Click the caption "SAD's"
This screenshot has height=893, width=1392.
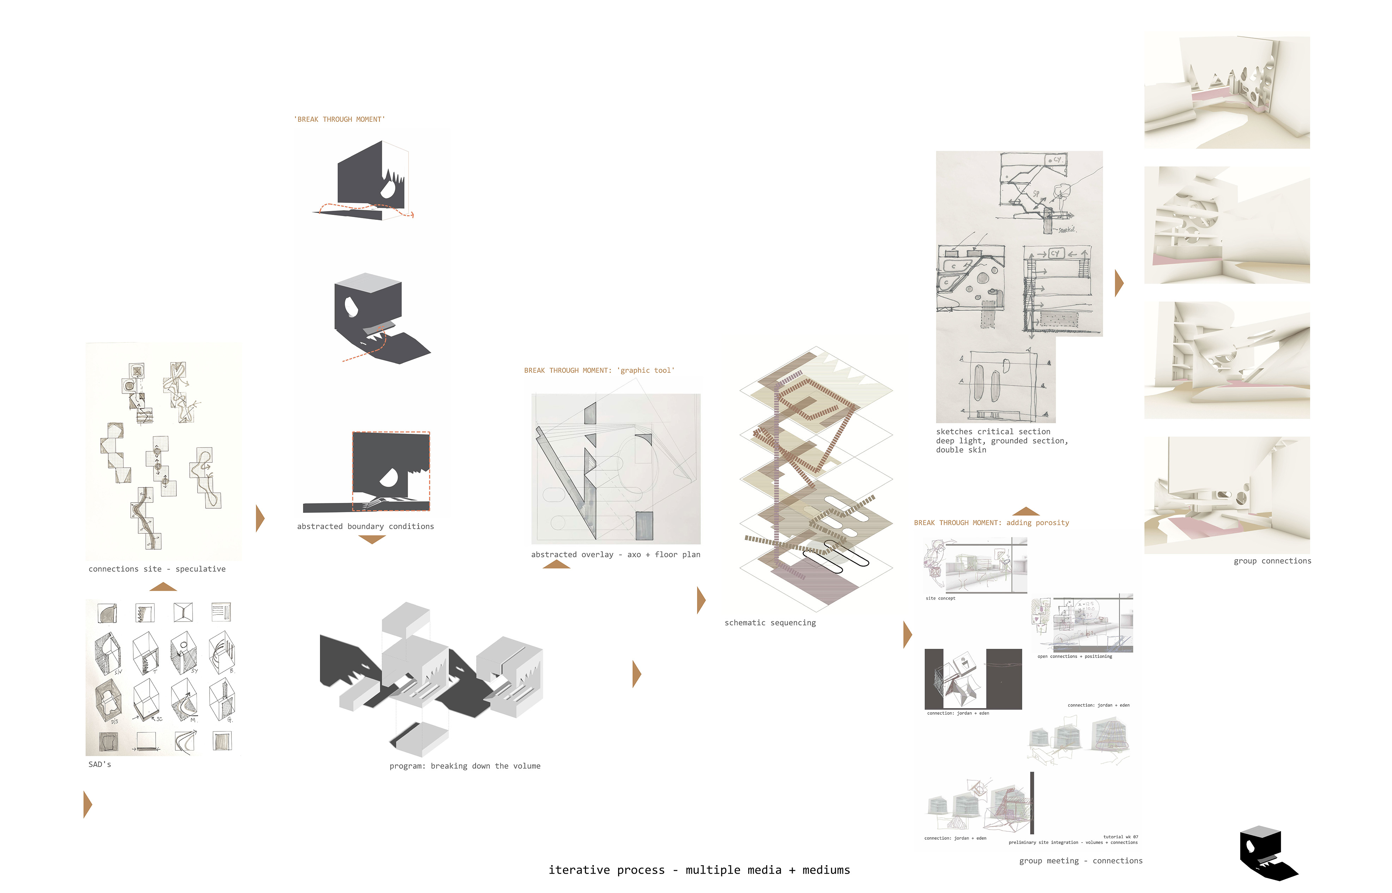point(100,764)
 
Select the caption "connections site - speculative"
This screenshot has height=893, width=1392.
point(157,569)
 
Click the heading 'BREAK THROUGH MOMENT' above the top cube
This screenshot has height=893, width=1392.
point(340,119)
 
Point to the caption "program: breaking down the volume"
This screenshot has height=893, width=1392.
point(465,766)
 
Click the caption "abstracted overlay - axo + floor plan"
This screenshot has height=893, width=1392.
point(616,555)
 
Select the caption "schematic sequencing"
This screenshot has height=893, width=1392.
point(770,623)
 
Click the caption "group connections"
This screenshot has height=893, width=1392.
point(1272,561)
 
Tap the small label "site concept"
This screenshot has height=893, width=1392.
point(940,598)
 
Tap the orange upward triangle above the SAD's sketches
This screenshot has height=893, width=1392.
point(163,587)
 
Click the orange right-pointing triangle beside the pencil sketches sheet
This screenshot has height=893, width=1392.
point(1119,283)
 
